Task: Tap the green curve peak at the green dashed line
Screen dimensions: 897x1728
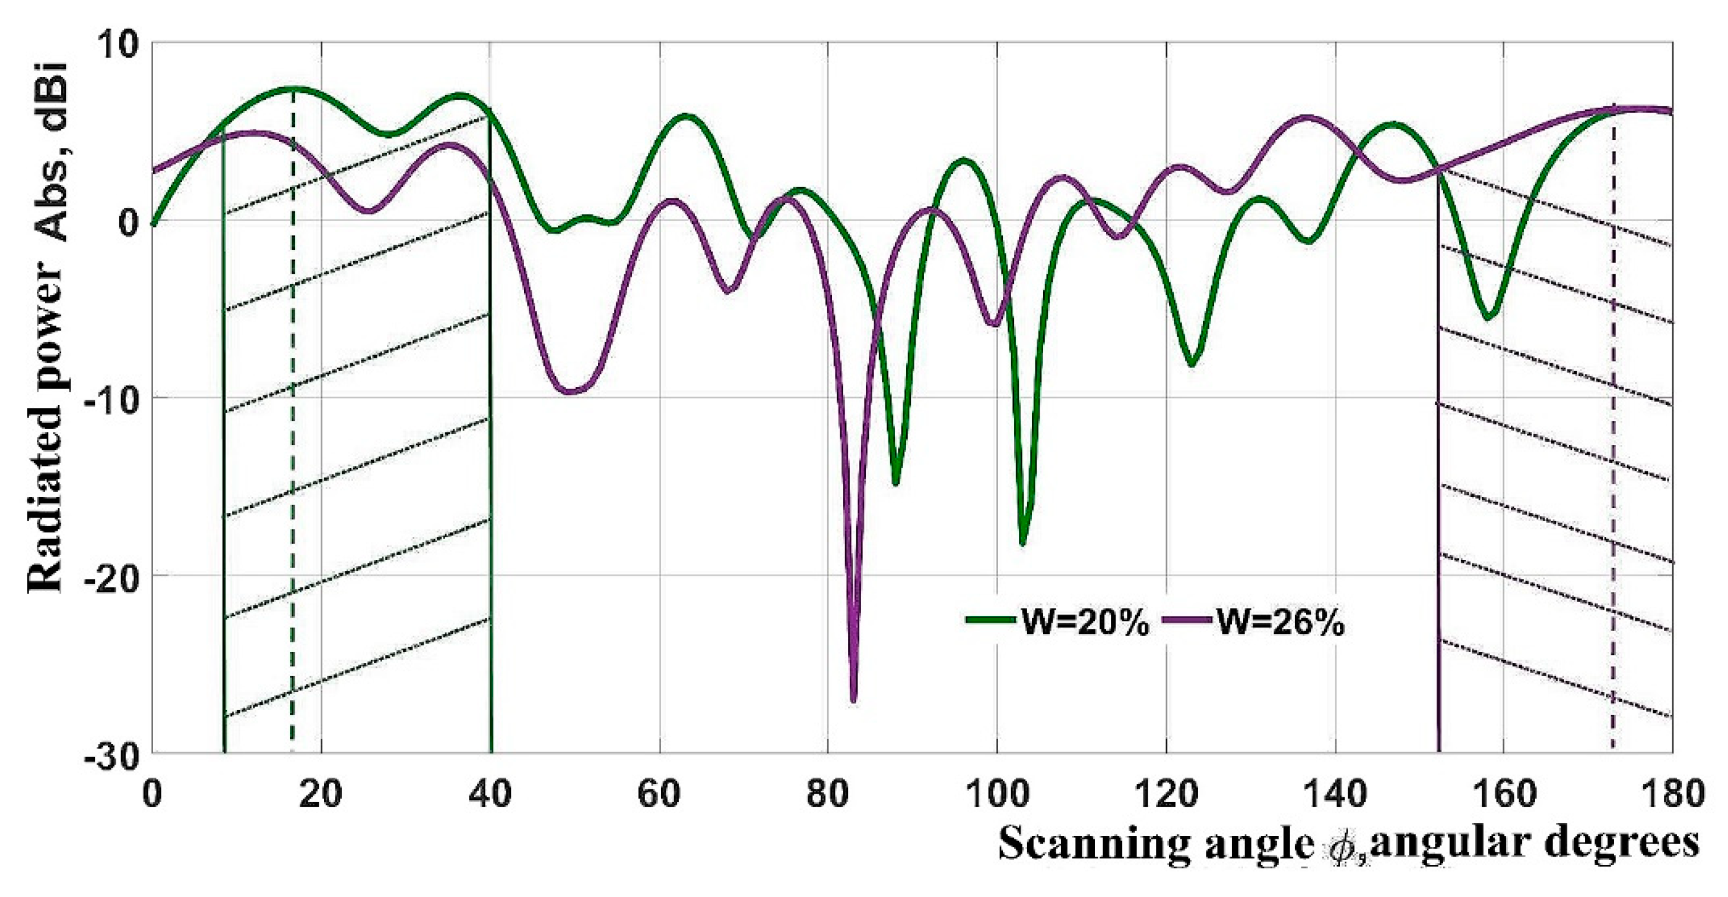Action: [x=293, y=88]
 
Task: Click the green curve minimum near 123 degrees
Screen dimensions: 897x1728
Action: [x=1192, y=364]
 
